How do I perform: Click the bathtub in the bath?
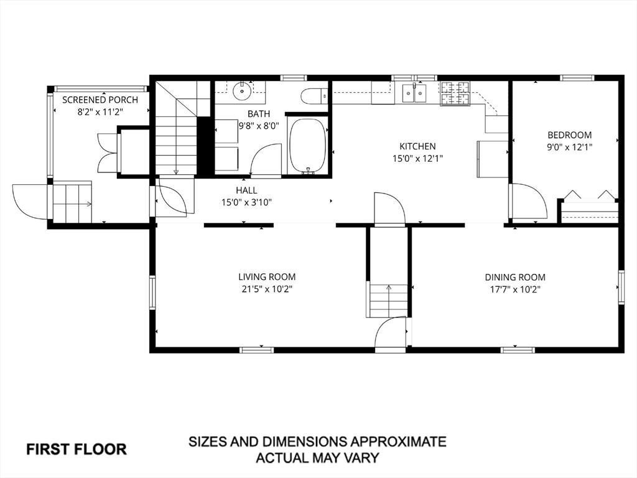coord(307,146)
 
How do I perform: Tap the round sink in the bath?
coord(242,90)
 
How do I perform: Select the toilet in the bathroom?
coord(314,96)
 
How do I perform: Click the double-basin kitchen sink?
coord(414,93)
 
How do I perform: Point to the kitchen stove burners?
coord(455,93)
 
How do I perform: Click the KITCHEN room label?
coord(417,146)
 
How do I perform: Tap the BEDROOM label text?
coord(570,135)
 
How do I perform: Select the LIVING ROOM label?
coord(267,277)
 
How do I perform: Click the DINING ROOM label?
coord(515,277)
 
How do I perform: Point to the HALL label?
coord(246,190)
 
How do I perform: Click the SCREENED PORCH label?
coord(100,100)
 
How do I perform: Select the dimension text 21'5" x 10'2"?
coord(266,289)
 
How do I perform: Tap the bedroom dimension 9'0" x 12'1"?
coord(570,147)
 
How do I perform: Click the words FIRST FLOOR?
coord(77,449)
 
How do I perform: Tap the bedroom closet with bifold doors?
coord(590,207)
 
